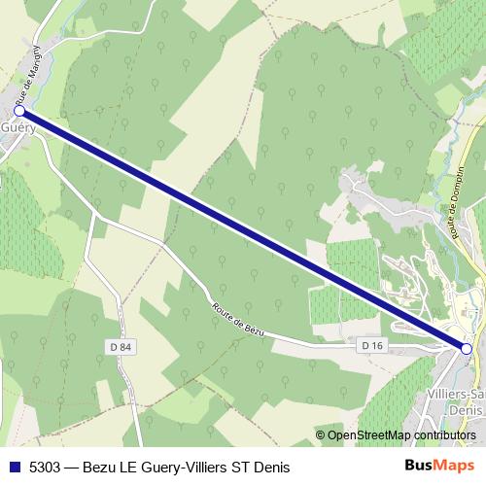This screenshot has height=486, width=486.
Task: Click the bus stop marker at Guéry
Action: (19, 112)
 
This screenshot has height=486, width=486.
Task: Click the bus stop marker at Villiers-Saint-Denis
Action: (466, 348)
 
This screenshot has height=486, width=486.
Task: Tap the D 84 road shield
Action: (119, 345)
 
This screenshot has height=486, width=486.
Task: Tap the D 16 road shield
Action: (370, 345)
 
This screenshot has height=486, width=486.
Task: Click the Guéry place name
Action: (17, 128)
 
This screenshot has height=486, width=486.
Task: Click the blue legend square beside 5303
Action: (14, 467)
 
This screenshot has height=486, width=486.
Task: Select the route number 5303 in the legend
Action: (45, 467)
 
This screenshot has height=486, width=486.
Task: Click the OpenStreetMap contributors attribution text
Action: (402, 435)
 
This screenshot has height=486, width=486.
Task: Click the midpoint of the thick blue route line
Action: (243, 230)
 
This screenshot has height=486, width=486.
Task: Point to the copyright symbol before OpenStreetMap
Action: (322, 435)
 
